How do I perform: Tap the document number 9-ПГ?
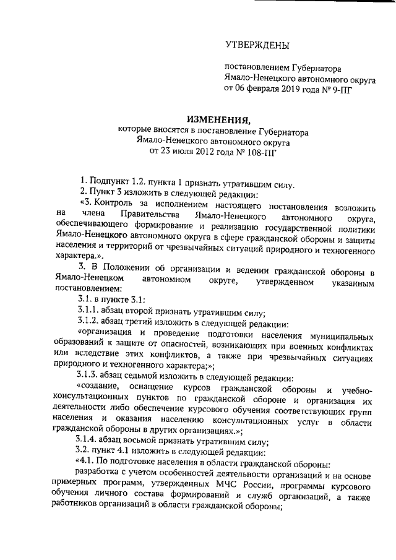point(344,88)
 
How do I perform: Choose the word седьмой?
point(158,377)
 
